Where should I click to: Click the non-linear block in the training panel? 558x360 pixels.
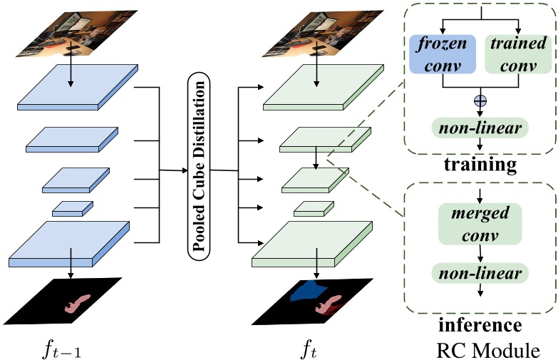tap(480, 128)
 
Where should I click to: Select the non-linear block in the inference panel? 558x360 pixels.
tap(480, 274)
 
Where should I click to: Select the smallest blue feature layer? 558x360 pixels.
tap(72, 207)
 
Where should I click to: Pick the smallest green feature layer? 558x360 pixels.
tap(314, 208)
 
